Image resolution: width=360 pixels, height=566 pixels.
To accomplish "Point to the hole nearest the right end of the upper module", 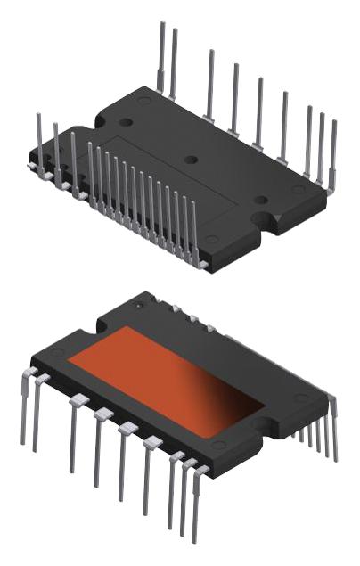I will [x=259, y=200].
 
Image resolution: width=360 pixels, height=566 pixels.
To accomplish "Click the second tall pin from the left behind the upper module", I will [x=174, y=62].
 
